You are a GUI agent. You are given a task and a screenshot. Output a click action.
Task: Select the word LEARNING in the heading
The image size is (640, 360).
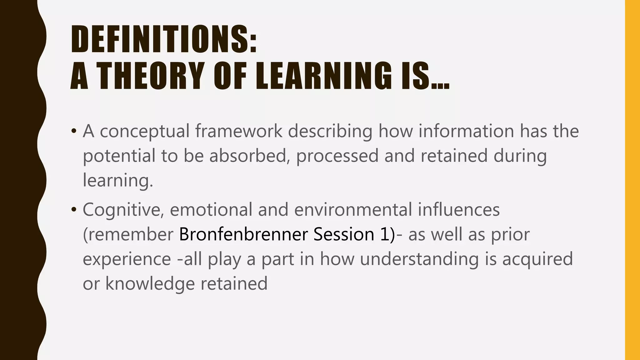(323, 76)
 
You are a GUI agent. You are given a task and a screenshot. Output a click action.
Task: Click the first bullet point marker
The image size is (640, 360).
(74, 131)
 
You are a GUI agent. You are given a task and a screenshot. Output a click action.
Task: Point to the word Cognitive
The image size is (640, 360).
(123, 210)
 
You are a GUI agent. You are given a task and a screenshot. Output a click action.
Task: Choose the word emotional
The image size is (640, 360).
(211, 209)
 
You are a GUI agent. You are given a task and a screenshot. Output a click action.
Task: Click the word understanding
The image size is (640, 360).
(419, 259)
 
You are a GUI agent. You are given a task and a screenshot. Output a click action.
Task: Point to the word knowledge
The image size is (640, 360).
(150, 284)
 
